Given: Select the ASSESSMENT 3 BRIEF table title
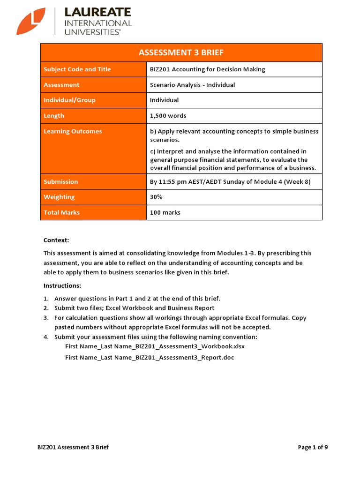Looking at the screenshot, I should click(x=181, y=52).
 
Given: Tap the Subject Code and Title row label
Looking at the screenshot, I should click(x=77, y=69).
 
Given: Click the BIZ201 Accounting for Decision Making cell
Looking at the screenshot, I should click(x=207, y=69).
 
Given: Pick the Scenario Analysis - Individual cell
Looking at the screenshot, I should click(x=192, y=85).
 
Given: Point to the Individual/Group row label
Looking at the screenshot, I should click(x=69, y=100).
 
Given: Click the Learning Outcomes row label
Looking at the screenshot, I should click(x=73, y=131).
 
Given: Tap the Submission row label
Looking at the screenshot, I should click(x=61, y=181).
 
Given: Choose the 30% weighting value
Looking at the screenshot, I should click(x=156, y=197).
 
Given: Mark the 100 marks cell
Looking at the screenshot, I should click(x=165, y=212).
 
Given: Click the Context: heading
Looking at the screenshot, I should click(x=56, y=240).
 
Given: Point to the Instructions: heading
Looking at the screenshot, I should click(x=62, y=285).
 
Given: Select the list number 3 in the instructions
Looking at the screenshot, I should click(x=46, y=318).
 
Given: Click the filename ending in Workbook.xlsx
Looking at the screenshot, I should click(x=155, y=346).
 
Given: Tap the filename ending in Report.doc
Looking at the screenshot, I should click(x=150, y=358).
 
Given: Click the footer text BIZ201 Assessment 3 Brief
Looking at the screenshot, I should click(x=73, y=447).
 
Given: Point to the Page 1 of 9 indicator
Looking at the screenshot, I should click(x=313, y=447).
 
